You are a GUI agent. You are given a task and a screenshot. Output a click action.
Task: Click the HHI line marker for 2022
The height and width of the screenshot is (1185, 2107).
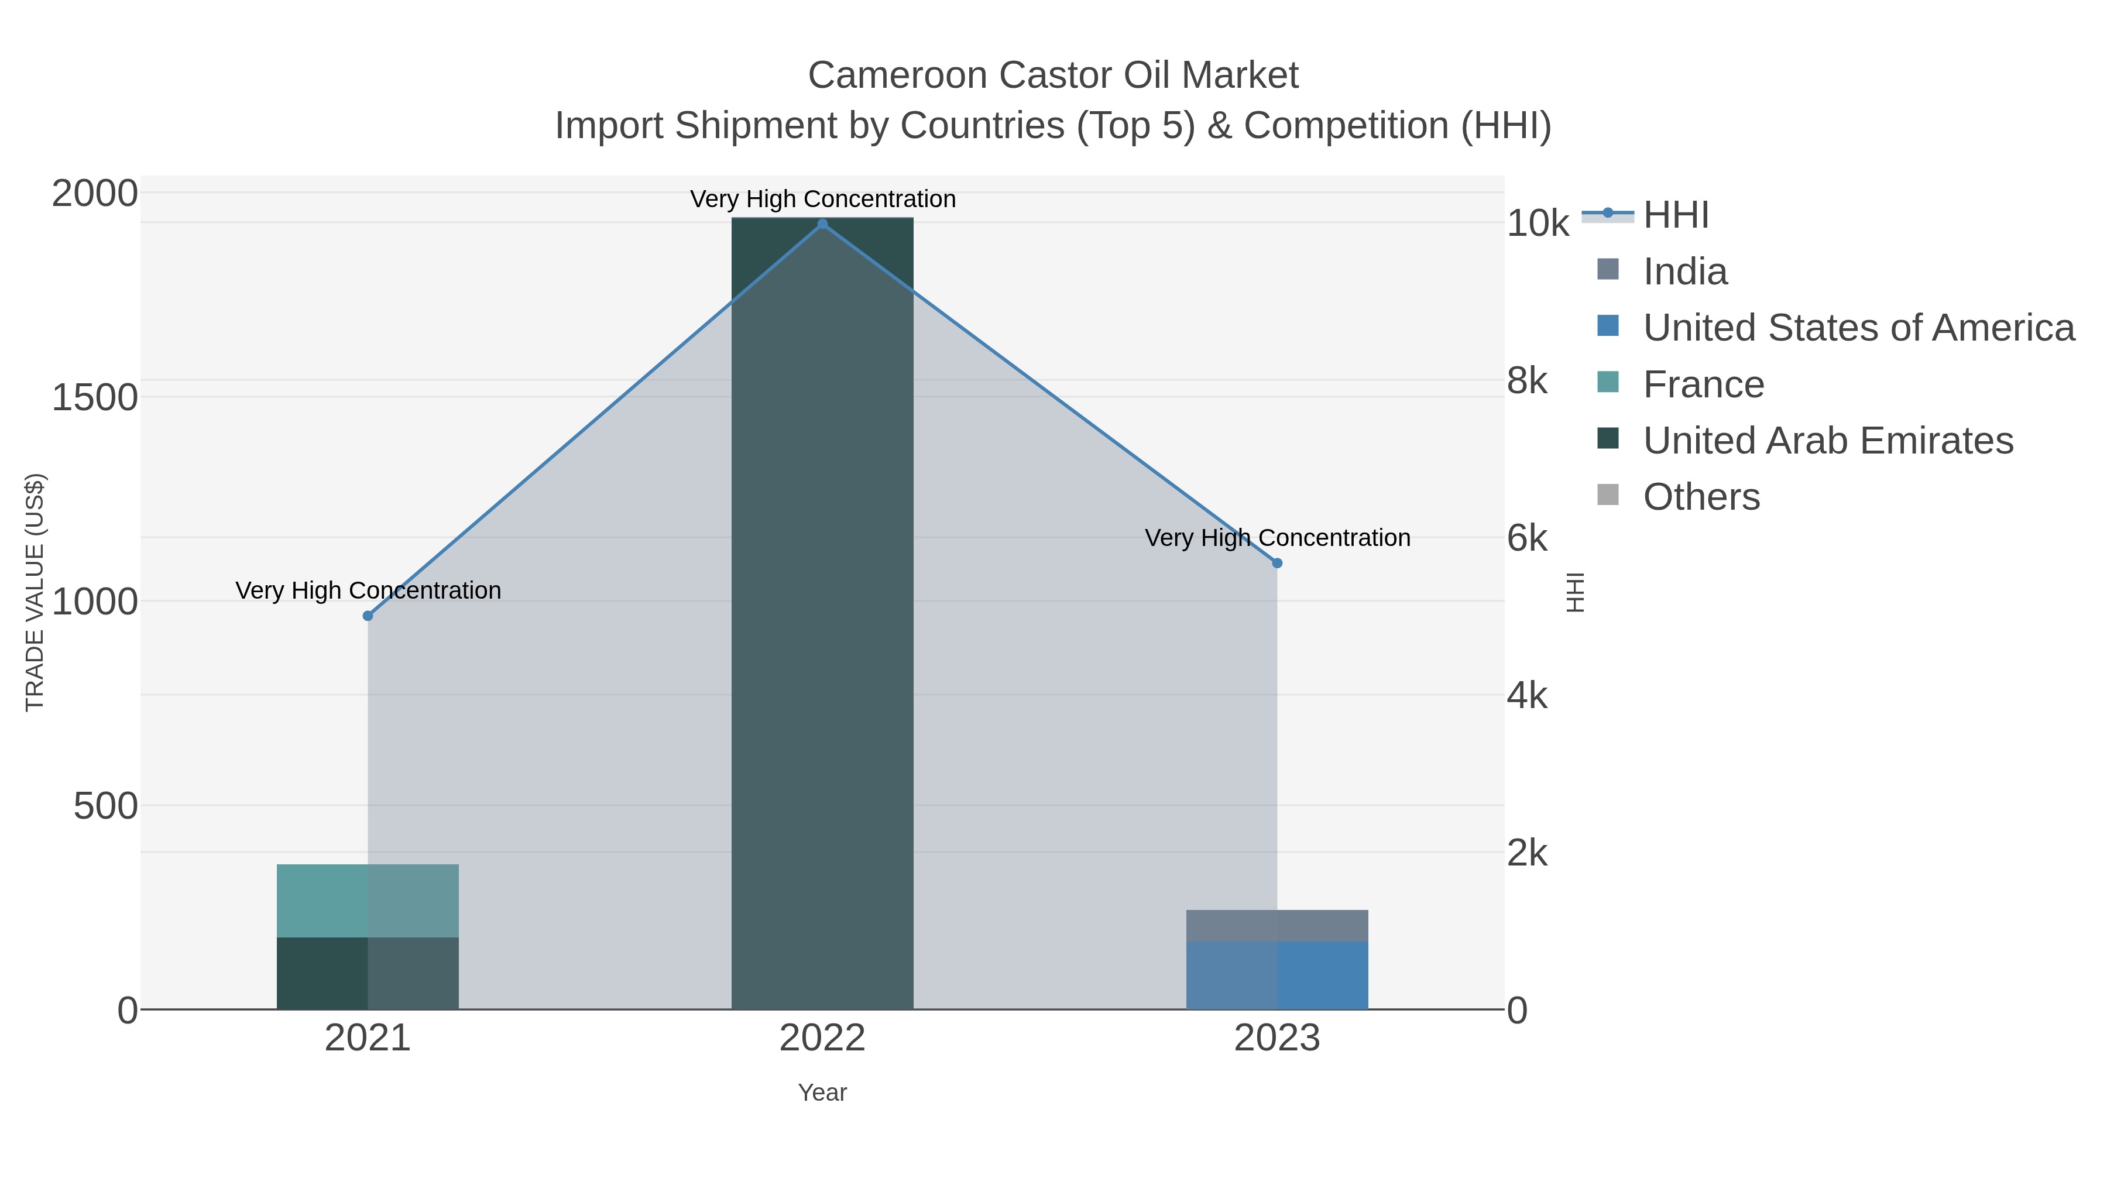tap(822, 224)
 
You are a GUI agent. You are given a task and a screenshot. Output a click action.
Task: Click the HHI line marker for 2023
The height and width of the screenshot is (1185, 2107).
tap(1277, 562)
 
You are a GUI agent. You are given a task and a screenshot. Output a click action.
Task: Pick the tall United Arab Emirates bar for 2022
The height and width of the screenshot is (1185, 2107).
tap(822, 613)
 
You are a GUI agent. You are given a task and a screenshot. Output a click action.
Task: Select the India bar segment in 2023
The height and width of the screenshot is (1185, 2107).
tap(1277, 925)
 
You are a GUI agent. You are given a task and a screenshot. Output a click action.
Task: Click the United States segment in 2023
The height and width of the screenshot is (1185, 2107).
tap(1277, 975)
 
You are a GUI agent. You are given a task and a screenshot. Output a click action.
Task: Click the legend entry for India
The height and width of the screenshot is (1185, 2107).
tap(1685, 272)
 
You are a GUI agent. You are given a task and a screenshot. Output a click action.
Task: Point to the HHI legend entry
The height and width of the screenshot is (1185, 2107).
tap(1675, 215)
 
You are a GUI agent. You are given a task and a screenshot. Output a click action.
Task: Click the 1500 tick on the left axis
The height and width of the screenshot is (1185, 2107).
tap(94, 399)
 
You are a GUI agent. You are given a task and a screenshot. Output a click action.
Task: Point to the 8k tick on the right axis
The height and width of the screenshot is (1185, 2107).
tap(1527, 381)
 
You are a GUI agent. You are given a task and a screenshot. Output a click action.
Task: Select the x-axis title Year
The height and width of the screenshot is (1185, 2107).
tap(822, 1093)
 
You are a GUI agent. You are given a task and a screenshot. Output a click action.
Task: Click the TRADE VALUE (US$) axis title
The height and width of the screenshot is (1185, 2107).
tap(35, 592)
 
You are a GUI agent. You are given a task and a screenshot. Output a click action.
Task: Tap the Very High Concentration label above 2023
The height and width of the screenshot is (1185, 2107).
tap(1277, 538)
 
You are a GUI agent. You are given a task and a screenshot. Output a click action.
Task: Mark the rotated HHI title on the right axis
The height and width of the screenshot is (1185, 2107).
tap(1574, 592)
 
